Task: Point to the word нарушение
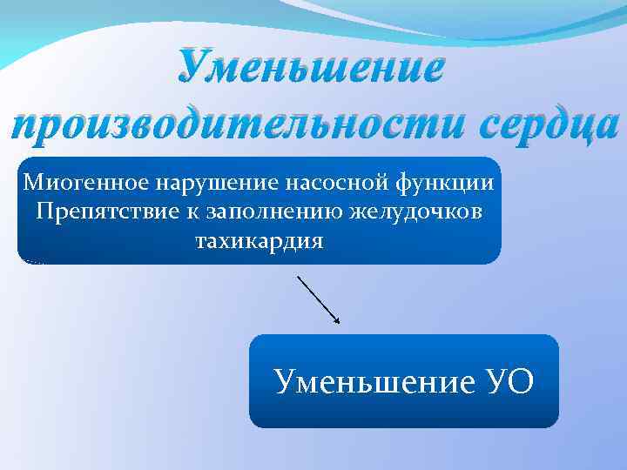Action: [x=203, y=183]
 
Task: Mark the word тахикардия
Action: [x=259, y=240]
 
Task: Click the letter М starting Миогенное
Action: [x=33, y=183]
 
